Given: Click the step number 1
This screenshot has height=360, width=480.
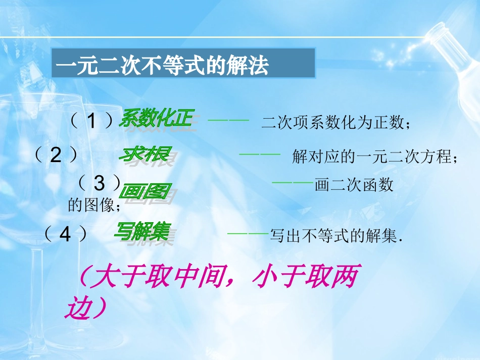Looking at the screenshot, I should (91, 121).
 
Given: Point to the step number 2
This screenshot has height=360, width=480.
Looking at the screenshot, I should (56, 156).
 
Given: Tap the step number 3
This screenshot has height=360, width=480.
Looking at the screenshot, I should (99, 183).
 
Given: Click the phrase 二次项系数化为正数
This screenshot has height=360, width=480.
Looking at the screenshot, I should (333, 123).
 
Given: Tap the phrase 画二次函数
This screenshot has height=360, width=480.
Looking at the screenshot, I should (354, 185).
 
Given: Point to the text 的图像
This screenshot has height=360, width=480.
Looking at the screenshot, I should (91, 205).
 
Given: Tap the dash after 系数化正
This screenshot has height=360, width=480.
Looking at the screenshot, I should (228, 121).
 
